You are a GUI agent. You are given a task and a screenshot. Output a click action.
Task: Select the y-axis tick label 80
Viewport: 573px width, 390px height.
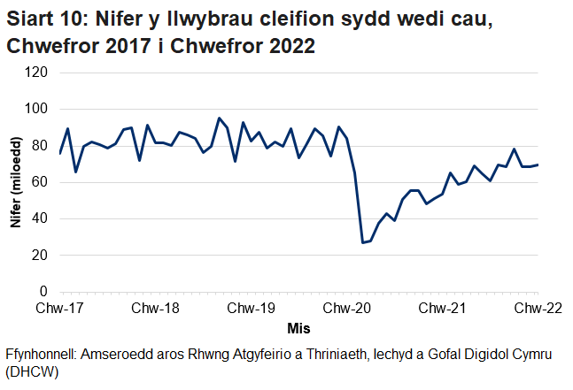pos(39,146)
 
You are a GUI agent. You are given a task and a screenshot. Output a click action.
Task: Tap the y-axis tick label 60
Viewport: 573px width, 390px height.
pos(39,182)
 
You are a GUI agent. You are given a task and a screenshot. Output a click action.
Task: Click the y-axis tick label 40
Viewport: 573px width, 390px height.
pos(39,218)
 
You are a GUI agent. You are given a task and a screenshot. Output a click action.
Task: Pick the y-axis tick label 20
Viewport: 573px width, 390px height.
pos(39,256)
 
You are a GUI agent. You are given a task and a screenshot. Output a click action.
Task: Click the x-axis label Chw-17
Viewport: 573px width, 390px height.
pos(60,309)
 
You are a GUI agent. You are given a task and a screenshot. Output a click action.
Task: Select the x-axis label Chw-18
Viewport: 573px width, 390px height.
pos(156,309)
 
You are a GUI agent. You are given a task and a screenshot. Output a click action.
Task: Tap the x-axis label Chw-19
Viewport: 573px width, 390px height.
pos(252,309)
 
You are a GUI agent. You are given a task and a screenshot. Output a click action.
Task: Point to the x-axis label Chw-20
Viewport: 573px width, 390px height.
pos(347,309)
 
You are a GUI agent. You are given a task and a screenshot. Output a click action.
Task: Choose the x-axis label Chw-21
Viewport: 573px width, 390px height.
pos(443,309)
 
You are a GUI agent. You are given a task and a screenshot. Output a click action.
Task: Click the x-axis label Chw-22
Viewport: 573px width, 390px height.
pos(538,309)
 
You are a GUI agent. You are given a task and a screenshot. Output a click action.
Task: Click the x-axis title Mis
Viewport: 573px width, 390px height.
pos(299,328)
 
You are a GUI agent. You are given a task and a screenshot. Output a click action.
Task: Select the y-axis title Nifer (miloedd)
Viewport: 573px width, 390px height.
pos(15,182)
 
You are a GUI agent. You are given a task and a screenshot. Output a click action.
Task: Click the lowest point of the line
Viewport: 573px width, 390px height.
pos(363,242)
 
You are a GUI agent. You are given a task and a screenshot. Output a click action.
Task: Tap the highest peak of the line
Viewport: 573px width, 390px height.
pos(219,118)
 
